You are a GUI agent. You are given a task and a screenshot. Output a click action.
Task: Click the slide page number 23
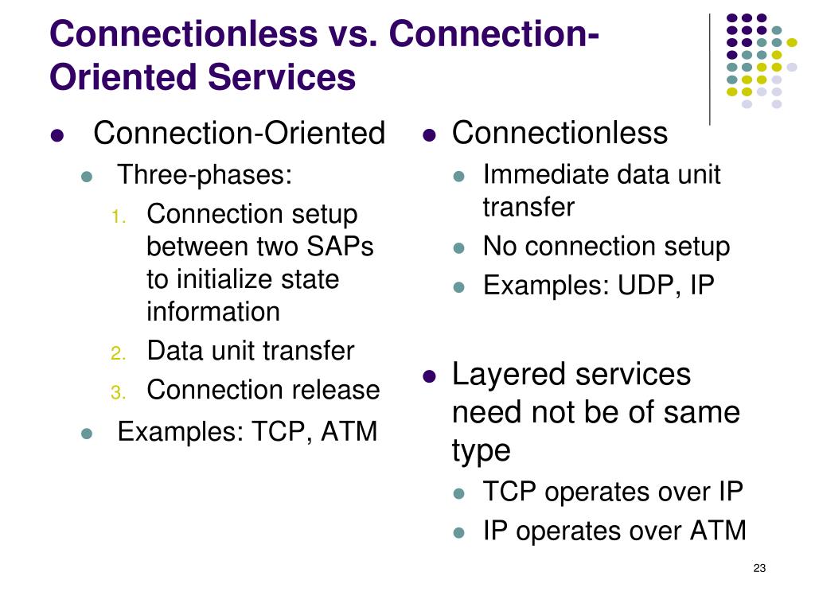point(758,567)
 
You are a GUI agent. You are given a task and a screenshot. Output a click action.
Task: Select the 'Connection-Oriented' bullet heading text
point(239,133)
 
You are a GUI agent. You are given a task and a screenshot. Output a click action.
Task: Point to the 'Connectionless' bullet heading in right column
point(560,133)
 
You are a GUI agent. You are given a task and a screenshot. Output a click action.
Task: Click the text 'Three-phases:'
point(205,174)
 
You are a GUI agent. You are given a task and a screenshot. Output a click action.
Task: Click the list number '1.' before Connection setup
point(118,216)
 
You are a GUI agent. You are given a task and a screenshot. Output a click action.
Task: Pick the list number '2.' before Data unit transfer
point(118,352)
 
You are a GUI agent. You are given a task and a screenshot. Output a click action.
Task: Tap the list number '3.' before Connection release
point(118,392)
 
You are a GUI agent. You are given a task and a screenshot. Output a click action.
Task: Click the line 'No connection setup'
point(606,247)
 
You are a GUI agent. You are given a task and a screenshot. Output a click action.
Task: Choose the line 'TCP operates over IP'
point(612,492)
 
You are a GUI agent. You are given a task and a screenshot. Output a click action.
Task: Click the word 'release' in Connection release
point(340,391)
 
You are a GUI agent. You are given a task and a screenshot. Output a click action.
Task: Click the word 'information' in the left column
point(213,312)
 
